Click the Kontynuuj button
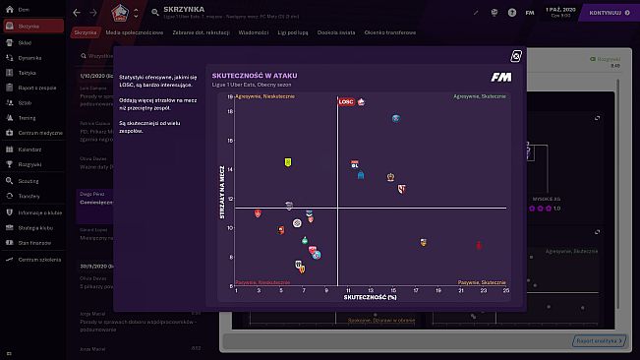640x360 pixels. click(x=608, y=13)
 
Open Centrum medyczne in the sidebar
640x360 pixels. click(x=36, y=131)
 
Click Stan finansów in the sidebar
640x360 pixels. click(x=33, y=242)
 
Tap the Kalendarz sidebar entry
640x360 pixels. click(x=29, y=150)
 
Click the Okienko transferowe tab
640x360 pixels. click(x=391, y=32)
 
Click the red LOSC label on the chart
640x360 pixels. click(x=346, y=101)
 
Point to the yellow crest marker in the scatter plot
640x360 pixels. click(x=288, y=162)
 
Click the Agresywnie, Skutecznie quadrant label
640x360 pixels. click(x=479, y=96)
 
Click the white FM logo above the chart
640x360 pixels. click(x=500, y=78)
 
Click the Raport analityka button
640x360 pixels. click(x=596, y=340)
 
